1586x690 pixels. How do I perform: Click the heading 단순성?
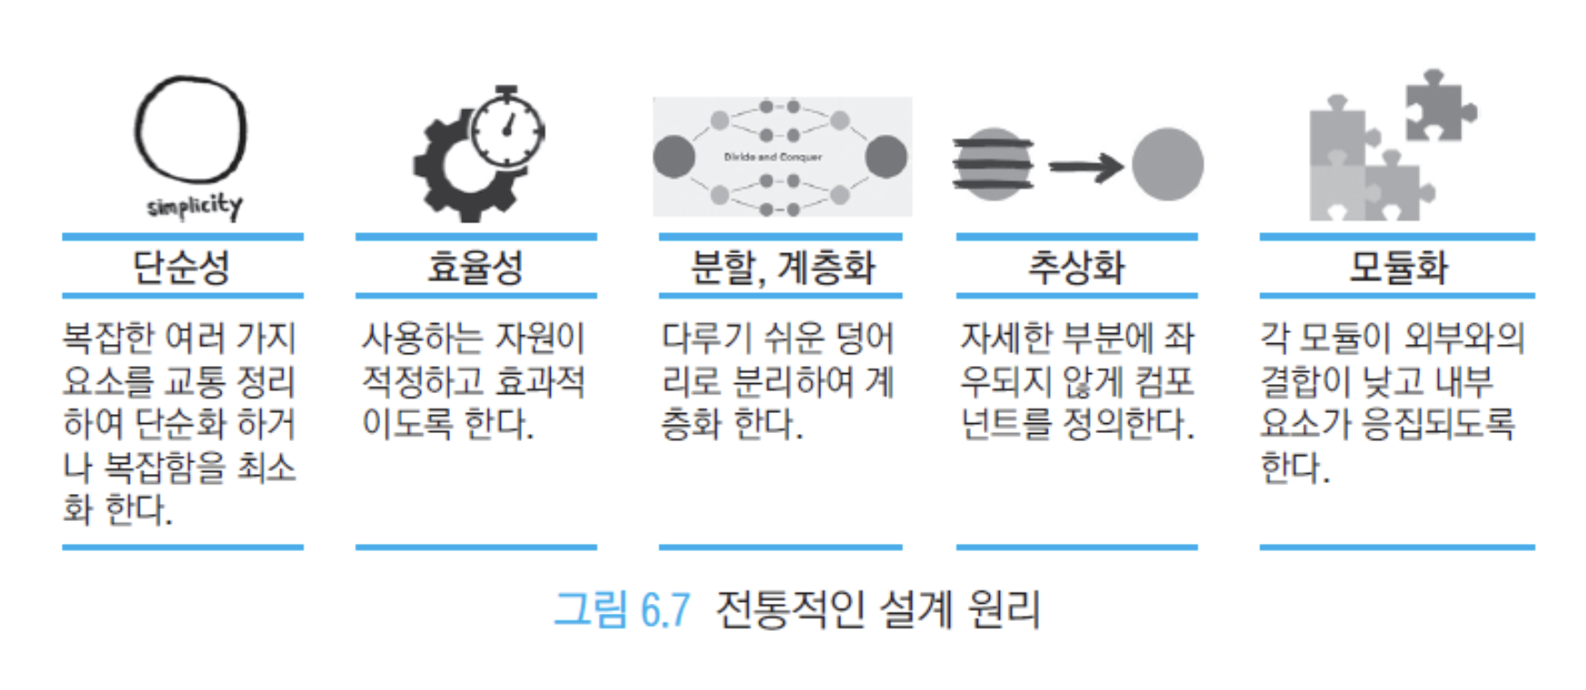[181, 267]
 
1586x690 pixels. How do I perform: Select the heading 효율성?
[475, 267]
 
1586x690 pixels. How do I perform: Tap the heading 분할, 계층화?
[782, 267]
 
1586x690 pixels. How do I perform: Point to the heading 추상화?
[1076, 267]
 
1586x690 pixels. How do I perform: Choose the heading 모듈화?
[1398, 267]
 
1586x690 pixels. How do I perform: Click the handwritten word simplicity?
[195, 206]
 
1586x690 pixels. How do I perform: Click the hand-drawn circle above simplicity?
[137, 130]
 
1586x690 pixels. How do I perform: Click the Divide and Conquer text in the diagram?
[773, 157]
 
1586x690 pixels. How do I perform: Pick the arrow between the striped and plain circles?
[1086, 166]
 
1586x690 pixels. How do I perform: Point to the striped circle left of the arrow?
[993, 164]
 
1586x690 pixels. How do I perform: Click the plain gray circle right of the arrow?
[1168, 164]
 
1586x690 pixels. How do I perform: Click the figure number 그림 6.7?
[622, 609]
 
